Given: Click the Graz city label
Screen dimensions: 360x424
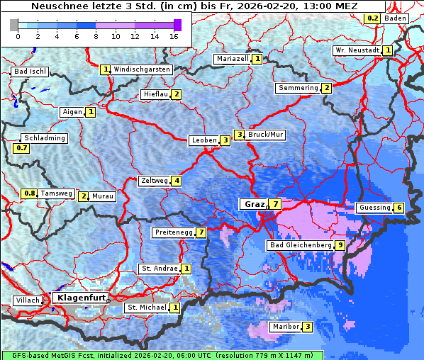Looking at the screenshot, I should (254, 204).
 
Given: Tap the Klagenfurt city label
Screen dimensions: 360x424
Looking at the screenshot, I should (80, 298).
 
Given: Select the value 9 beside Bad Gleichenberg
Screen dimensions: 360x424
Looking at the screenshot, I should (341, 245).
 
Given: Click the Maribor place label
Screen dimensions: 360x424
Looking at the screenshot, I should (285, 327).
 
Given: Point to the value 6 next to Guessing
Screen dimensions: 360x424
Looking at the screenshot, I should (399, 208).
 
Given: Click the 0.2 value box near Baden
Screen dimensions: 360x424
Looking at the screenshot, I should (372, 18).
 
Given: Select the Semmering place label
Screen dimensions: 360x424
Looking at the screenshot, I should (299, 88).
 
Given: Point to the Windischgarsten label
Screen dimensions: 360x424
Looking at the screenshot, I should (142, 69).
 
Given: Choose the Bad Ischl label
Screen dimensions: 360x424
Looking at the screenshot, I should (30, 72).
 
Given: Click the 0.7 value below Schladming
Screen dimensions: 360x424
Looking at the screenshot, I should (22, 149).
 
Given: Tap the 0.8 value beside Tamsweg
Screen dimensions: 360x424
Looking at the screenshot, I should (29, 193).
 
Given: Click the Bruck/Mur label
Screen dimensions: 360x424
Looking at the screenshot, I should (265, 134).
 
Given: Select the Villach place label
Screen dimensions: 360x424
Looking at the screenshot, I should (28, 300).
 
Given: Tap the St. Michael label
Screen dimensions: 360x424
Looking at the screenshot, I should (146, 308).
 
